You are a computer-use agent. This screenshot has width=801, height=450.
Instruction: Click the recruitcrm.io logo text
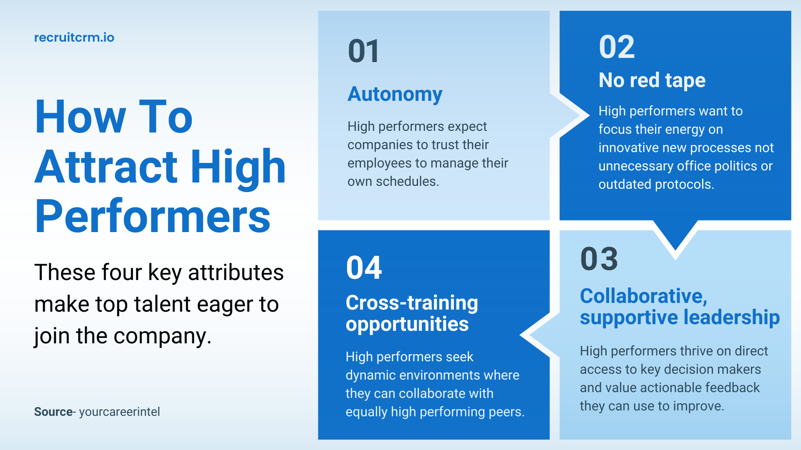(74, 37)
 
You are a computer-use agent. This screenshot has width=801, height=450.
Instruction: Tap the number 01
(364, 51)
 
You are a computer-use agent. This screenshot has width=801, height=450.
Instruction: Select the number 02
(617, 47)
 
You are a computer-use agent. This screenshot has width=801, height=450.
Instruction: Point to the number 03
(599, 259)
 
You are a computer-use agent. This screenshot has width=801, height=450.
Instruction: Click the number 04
(364, 267)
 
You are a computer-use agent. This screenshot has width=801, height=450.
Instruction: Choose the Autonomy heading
(395, 95)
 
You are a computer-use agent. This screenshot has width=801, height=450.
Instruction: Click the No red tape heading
(652, 80)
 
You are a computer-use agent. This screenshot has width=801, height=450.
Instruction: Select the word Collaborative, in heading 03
(644, 296)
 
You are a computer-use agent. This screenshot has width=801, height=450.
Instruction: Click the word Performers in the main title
(153, 216)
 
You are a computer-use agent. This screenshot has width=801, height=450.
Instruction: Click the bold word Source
(53, 412)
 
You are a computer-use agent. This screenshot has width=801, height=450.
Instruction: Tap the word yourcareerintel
(119, 412)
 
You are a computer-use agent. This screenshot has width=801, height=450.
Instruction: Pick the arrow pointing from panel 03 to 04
(539, 335)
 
